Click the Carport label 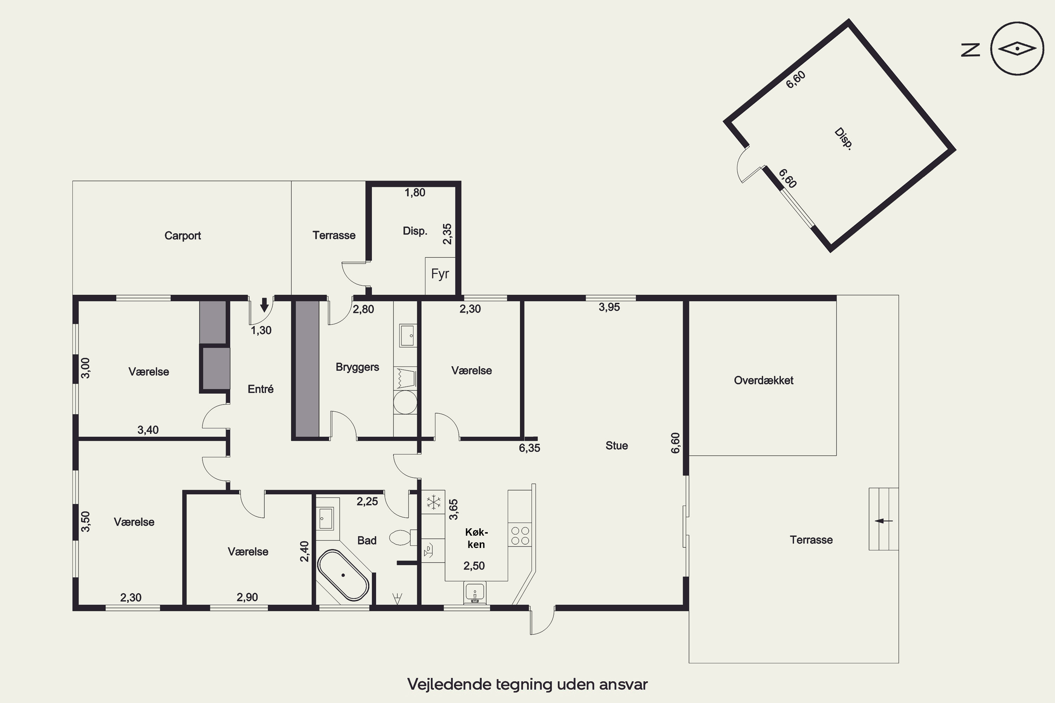tap(183, 236)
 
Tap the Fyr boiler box tap(440, 276)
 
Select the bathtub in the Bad tap(343, 575)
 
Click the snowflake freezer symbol tap(433, 502)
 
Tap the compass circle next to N tap(1017, 48)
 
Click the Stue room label tap(617, 446)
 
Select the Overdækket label tap(763, 381)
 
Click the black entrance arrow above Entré tap(264, 305)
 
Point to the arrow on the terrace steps tap(884, 521)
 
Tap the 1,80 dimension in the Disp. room tap(415, 193)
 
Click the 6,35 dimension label tap(529, 448)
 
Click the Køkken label tap(476, 538)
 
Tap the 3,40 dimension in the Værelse tap(148, 430)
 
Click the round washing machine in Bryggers tap(405, 402)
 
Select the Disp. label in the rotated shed tap(843, 139)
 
